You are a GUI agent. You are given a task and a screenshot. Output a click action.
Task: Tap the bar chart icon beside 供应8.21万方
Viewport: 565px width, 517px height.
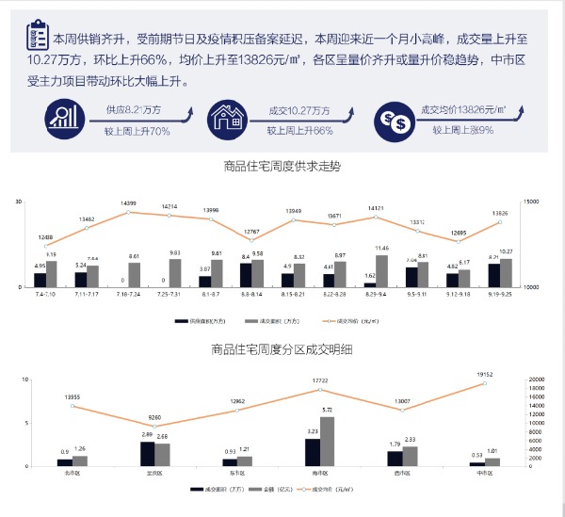(64, 118)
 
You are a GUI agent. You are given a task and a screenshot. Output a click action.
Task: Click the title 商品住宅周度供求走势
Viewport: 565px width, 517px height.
(282, 167)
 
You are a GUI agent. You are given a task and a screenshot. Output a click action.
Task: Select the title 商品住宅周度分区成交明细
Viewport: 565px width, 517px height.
(282, 350)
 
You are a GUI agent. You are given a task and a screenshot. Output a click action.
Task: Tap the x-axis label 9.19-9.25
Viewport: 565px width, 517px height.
(499, 296)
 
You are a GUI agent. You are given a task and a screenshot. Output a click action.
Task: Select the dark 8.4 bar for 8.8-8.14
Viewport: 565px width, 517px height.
(246, 274)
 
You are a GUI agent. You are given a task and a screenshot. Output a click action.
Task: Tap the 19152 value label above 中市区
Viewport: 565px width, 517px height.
(485, 375)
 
